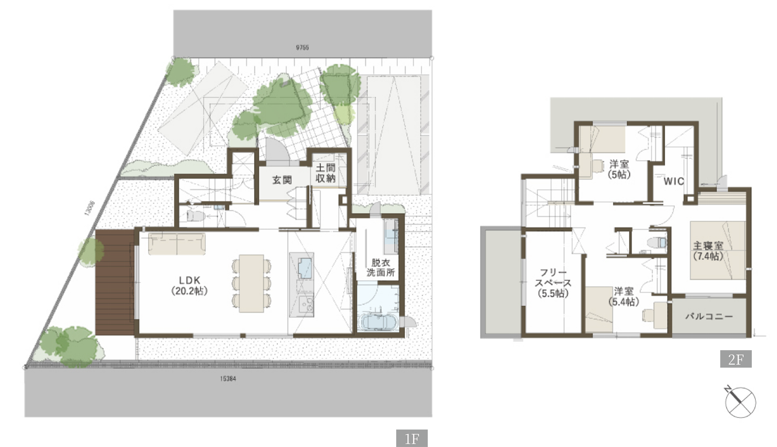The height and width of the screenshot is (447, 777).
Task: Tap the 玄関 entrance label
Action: tap(282, 180)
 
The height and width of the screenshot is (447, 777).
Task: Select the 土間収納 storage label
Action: tap(326, 173)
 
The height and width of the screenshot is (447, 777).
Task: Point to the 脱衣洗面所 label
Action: tap(381, 268)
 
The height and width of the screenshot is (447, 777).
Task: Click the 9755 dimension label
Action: tap(302, 47)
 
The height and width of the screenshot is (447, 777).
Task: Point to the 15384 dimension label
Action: tap(229, 379)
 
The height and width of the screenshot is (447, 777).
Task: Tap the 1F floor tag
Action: tap(412, 438)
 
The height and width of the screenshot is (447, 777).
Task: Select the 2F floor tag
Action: tap(736, 360)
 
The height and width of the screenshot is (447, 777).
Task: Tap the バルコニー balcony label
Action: tap(709, 316)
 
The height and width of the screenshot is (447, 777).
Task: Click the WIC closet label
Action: tap(674, 181)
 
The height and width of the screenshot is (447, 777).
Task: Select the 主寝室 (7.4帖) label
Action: tap(708, 251)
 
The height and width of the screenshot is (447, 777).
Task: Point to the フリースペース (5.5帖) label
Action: tap(553, 283)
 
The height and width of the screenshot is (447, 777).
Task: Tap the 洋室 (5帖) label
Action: tap(619, 169)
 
